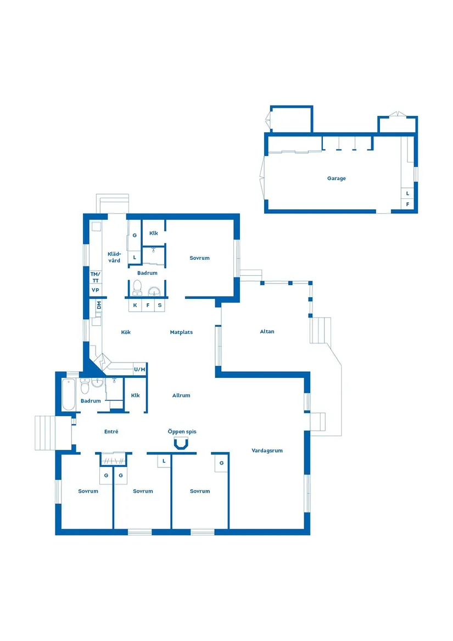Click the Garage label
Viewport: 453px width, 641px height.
pyautogui.click(x=336, y=179)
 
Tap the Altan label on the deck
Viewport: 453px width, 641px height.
pyautogui.click(x=267, y=332)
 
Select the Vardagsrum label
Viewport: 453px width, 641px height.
pyautogui.click(x=267, y=451)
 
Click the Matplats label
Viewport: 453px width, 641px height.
pyautogui.click(x=181, y=332)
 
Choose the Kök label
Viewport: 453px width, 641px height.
pyautogui.click(x=126, y=332)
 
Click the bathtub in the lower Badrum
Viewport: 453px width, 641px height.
pyautogui.click(x=68, y=394)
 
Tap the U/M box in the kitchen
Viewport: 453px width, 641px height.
pyautogui.click(x=139, y=370)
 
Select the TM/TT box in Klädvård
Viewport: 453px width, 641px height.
pyautogui.click(x=95, y=277)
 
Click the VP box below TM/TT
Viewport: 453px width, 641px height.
pyautogui.click(x=95, y=290)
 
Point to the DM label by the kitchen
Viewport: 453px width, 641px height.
pyautogui.click(x=99, y=305)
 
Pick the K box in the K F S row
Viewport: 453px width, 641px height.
pyautogui.click(x=135, y=305)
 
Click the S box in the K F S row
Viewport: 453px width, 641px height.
pyautogui.click(x=160, y=305)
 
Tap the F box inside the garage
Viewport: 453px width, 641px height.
pyautogui.click(x=407, y=204)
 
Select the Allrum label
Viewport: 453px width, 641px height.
pyautogui.click(x=181, y=395)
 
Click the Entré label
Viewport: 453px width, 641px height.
pyautogui.click(x=111, y=432)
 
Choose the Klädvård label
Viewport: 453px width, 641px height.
pyautogui.click(x=114, y=257)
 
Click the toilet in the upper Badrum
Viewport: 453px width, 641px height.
pyautogui.click(x=137, y=287)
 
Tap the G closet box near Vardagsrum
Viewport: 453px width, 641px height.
pyautogui.click(x=221, y=463)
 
